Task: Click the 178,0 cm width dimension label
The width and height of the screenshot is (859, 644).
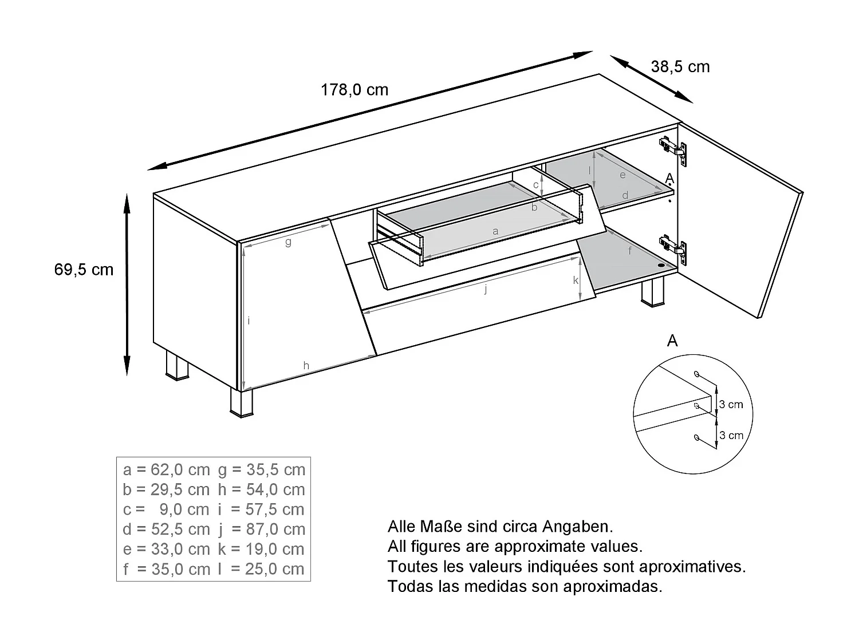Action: click(x=354, y=90)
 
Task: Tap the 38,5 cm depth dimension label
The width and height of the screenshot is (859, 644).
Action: click(x=680, y=67)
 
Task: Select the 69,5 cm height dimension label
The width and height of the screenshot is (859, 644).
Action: click(x=84, y=270)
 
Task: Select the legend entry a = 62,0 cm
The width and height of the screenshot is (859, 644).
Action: click(x=167, y=470)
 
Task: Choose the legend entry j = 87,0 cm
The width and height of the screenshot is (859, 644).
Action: click(x=261, y=530)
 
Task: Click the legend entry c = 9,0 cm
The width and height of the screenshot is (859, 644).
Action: click(x=167, y=509)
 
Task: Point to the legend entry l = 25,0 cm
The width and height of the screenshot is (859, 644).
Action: click(x=261, y=569)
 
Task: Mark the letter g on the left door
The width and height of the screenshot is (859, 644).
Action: click(x=288, y=242)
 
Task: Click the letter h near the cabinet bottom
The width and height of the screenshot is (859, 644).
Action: click(x=306, y=366)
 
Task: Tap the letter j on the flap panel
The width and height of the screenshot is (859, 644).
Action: click(x=486, y=289)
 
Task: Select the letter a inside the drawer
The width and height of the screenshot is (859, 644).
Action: click(x=495, y=231)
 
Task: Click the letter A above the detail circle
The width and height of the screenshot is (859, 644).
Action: click(x=672, y=341)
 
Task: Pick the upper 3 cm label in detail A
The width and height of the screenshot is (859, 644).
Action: click(x=731, y=405)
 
